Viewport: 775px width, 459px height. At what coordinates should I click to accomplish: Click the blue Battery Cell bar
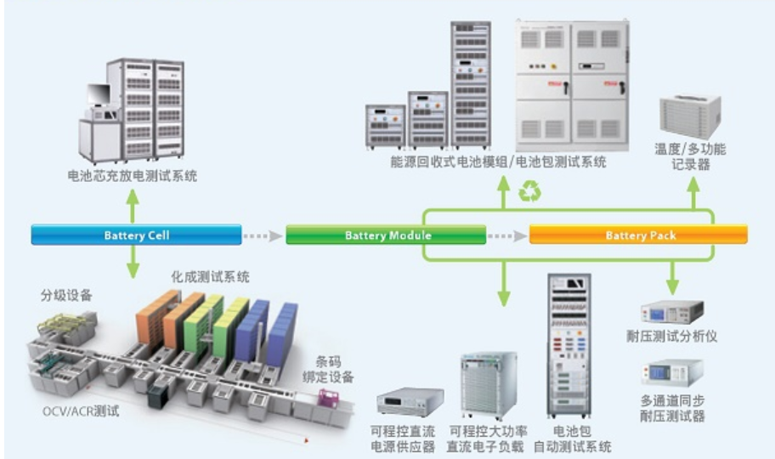click(135, 235)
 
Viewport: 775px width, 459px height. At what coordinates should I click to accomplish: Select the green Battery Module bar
click(386, 235)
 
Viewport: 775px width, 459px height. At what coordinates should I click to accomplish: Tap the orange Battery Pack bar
click(638, 235)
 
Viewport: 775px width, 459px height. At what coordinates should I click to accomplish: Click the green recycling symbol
click(530, 192)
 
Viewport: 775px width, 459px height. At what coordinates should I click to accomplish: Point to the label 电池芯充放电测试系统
click(133, 176)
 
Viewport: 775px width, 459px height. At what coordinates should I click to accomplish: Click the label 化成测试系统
click(210, 277)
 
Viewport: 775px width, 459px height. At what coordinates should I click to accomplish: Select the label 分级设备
click(66, 296)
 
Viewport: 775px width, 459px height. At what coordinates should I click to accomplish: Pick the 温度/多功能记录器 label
click(690, 156)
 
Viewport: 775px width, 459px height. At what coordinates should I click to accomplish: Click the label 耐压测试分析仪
click(677, 337)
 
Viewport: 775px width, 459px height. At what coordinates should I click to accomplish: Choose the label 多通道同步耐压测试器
click(673, 408)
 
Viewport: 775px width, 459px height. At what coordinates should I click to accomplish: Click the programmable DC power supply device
click(410, 401)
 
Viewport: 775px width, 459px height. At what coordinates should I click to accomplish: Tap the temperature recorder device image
click(690, 115)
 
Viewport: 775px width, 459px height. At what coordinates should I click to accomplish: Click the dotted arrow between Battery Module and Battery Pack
click(507, 235)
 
